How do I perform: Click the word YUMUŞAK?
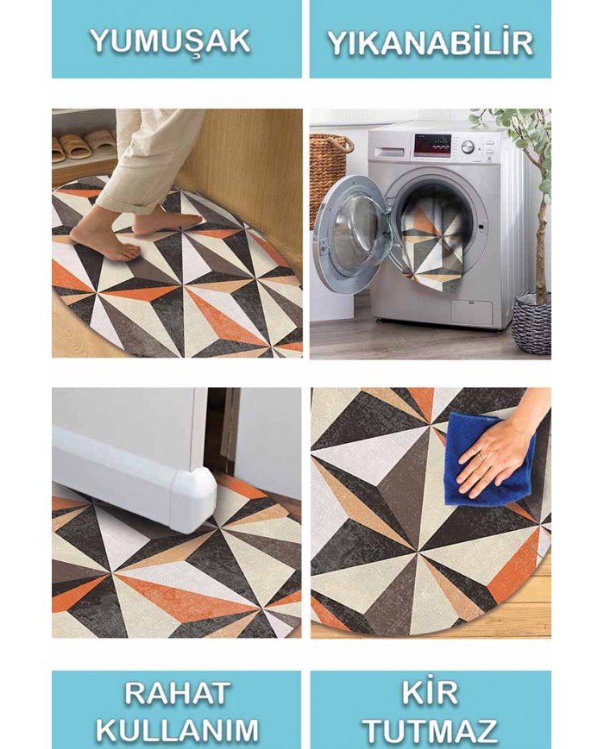[170, 41]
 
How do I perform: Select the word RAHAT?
[177, 694]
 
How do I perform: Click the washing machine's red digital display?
[432, 145]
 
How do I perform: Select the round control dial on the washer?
[468, 147]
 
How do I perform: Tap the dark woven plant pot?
[532, 324]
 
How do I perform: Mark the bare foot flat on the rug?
[105, 244]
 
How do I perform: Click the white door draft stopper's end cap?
[195, 501]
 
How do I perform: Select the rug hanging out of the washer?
[431, 246]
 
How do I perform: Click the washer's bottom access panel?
[471, 311]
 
